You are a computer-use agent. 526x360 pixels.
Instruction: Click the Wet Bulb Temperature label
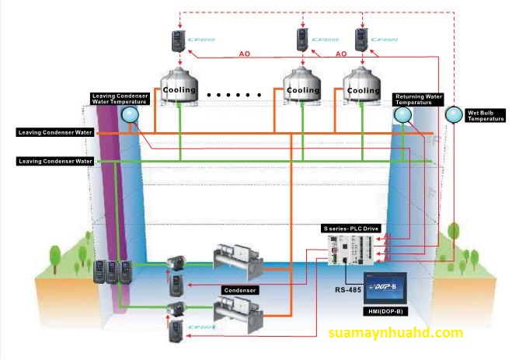(x=486, y=116)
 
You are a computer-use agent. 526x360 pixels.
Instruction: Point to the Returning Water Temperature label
(x=418, y=100)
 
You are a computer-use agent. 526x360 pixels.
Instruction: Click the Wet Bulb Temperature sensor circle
(x=452, y=115)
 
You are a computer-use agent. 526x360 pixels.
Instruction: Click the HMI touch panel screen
(x=392, y=287)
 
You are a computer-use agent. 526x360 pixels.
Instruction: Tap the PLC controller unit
(x=352, y=251)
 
